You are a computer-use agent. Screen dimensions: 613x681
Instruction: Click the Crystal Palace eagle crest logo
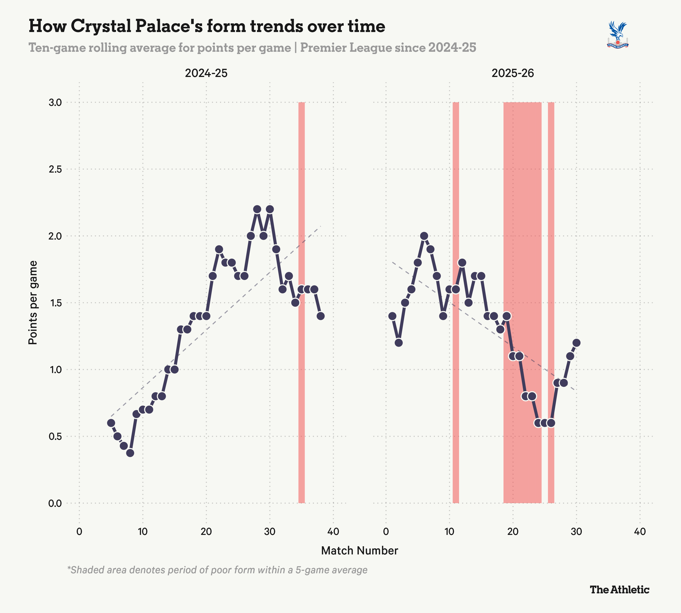pyautogui.click(x=618, y=35)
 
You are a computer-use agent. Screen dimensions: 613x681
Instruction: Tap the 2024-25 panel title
pyautogui.click(x=206, y=73)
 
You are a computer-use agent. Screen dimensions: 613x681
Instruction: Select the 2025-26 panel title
pyautogui.click(x=513, y=73)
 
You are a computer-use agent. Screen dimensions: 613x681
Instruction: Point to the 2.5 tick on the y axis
pyautogui.click(x=55, y=169)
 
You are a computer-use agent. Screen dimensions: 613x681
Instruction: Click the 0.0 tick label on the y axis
pyautogui.click(x=55, y=503)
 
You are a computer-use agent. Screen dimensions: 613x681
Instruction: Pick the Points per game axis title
pyautogui.click(x=33, y=302)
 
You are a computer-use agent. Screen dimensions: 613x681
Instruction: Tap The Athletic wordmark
pyautogui.click(x=619, y=589)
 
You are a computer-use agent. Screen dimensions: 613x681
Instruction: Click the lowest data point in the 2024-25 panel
pyautogui.click(x=130, y=453)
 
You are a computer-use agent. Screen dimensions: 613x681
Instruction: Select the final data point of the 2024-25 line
pyautogui.click(x=321, y=316)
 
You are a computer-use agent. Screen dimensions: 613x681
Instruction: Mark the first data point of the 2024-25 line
pyautogui.click(x=111, y=423)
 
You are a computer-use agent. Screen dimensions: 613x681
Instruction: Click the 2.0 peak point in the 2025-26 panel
pyautogui.click(x=424, y=236)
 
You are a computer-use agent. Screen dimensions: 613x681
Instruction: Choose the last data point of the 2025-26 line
pyautogui.click(x=576, y=343)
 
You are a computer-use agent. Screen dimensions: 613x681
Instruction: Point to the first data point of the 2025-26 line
pyautogui.click(x=392, y=316)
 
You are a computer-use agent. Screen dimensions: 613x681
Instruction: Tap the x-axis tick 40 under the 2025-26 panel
pyautogui.click(x=640, y=532)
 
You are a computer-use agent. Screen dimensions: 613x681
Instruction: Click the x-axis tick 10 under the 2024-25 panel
pyautogui.click(x=143, y=532)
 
